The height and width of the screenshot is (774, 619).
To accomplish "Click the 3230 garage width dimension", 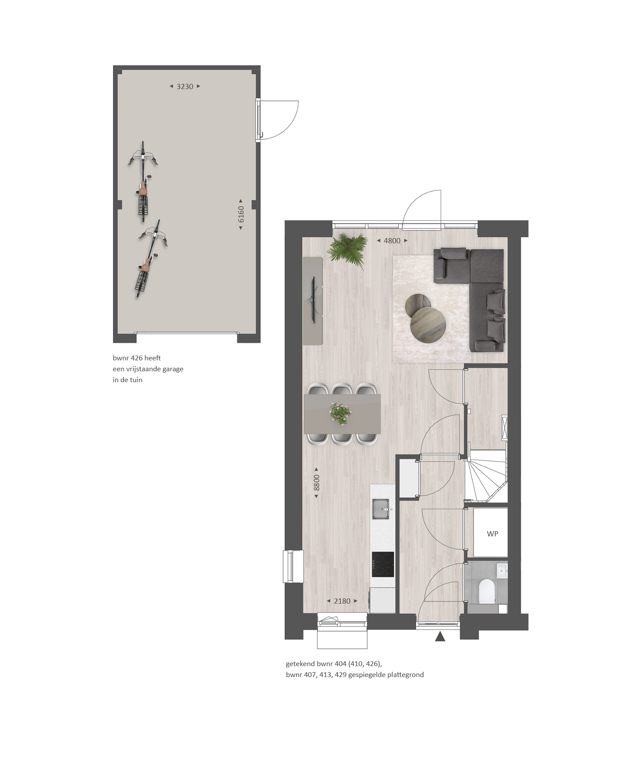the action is click(185, 86).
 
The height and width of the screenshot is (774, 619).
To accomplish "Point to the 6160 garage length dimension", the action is click(241, 214).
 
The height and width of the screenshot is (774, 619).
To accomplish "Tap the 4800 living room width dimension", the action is click(392, 241).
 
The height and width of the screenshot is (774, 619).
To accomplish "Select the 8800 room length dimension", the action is click(317, 483).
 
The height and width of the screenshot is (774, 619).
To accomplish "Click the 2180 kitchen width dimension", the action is click(342, 601).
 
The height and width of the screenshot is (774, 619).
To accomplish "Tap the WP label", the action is click(492, 534).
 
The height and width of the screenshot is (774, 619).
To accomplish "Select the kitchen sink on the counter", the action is click(381, 509).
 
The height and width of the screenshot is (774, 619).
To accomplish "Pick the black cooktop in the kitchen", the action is click(383, 564).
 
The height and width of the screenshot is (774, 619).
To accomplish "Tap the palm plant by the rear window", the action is click(347, 250).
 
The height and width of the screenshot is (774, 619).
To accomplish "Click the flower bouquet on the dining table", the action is click(340, 413).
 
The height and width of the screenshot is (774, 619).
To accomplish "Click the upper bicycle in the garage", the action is click(143, 181).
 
